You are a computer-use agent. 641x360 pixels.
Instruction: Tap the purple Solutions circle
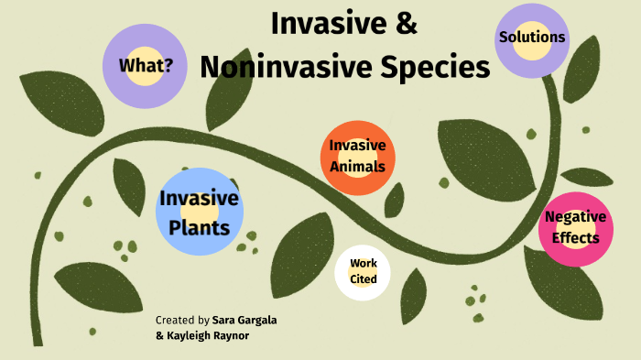pyautogui.click(x=531, y=39)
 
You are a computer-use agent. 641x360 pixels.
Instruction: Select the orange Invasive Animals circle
pyautogui.click(x=358, y=158)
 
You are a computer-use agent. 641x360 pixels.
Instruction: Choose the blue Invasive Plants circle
pyautogui.click(x=199, y=212)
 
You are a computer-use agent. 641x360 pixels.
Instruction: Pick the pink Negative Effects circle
pyautogui.click(x=575, y=229)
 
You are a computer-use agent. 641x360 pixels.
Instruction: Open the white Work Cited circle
pyautogui.click(x=363, y=272)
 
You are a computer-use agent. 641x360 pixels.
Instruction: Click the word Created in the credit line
pyautogui.click(x=174, y=321)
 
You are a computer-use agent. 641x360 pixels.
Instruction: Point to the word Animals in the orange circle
pyautogui.click(x=358, y=168)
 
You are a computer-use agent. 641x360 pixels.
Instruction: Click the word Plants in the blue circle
pyautogui.click(x=199, y=226)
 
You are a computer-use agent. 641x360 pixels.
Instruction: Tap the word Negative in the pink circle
pyautogui.click(x=575, y=217)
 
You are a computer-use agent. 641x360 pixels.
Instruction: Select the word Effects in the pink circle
pyautogui.click(x=575, y=238)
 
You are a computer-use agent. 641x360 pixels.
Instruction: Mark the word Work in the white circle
pyautogui.click(x=363, y=264)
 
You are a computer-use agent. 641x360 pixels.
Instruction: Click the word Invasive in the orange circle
pyautogui.click(x=358, y=146)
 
